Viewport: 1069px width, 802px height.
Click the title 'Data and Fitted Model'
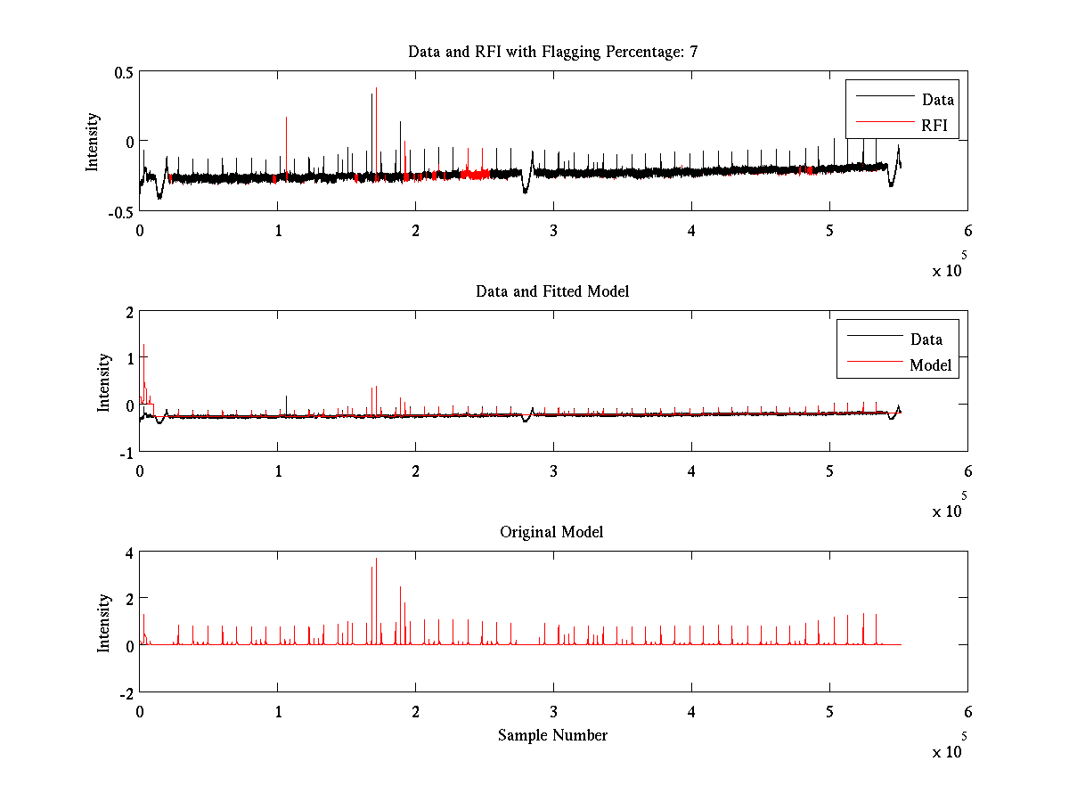552,291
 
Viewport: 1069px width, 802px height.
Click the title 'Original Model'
551,532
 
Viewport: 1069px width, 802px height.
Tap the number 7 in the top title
693,52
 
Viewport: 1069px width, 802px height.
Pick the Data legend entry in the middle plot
926,339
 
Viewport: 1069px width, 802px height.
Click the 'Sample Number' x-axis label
552,735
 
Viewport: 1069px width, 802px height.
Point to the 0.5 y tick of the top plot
122,72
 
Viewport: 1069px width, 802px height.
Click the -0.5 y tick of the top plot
120,210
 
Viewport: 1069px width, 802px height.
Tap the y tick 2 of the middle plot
129,311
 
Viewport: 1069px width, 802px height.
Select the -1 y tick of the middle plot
126,452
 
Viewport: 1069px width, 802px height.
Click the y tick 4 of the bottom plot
129,552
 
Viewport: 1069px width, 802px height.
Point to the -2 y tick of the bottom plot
126,692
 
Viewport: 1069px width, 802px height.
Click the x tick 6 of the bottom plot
967,712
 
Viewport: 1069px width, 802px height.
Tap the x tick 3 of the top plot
554,231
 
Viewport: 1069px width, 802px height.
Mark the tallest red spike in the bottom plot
377,560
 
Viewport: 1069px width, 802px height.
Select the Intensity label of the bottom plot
104,622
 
